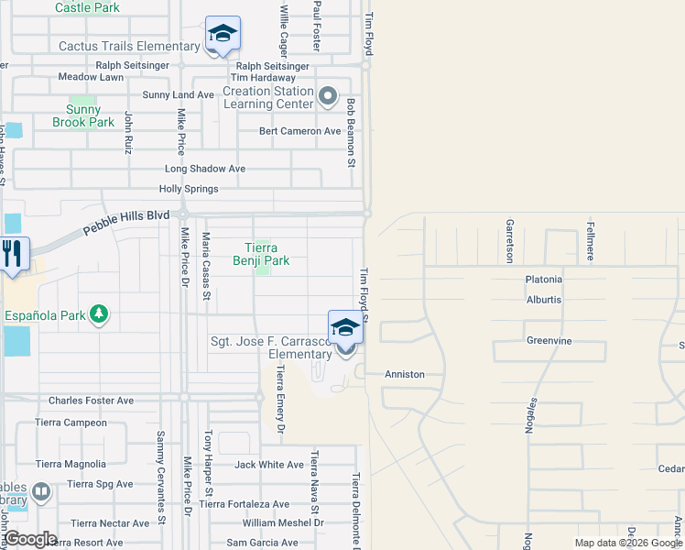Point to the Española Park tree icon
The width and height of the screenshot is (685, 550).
pyautogui.click(x=99, y=316)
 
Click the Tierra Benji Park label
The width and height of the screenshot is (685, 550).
pyautogui.click(x=267, y=254)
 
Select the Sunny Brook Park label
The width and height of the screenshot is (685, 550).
pyautogui.click(x=83, y=115)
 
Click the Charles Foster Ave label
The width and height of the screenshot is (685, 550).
pyautogui.click(x=91, y=401)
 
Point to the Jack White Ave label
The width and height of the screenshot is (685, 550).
pyautogui.click(x=269, y=465)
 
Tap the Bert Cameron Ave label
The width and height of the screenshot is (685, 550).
pyautogui.click(x=299, y=131)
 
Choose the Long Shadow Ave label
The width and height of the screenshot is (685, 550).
pyautogui.click(x=205, y=169)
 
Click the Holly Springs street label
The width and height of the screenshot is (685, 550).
pyautogui.click(x=189, y=189)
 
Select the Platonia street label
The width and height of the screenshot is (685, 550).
pyautogui.click(x=544, y=280)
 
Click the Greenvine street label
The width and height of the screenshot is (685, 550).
pyautogui.click(x=549, y=340)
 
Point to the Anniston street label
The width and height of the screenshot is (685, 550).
pyautogui.click(x=405, y=374)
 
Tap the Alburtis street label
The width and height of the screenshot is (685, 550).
pyautogui.click(x=544, y=300)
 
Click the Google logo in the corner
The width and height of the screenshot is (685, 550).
pyautogui.click(x=29, y=539)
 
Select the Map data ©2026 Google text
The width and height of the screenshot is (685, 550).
pyautogui.click(x=628, y=543)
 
